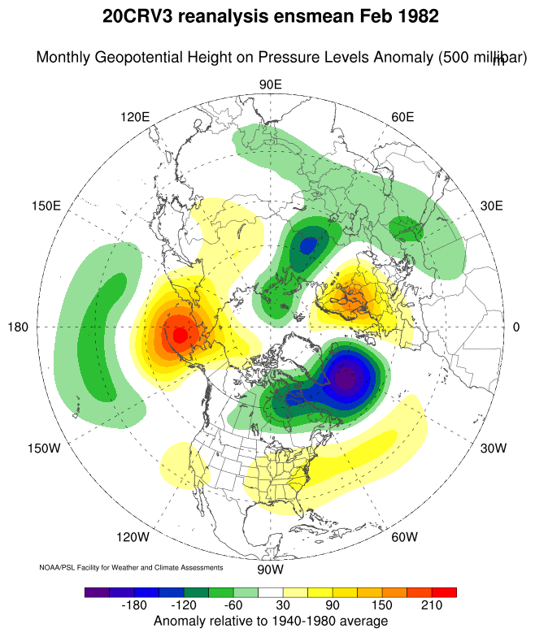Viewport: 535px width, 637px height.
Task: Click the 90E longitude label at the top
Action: point(270,85)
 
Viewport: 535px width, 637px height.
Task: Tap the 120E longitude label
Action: point(135,117)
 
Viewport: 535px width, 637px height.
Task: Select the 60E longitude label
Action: point(402,117)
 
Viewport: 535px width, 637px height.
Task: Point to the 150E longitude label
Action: point(46,206)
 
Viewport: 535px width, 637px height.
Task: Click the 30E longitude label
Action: point(492,206)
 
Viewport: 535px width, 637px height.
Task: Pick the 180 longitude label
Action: point(18,327)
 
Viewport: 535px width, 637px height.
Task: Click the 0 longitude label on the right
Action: point(516,327)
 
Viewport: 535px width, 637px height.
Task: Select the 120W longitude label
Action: point(133,537)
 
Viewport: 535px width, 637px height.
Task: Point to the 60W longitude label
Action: point(404,537)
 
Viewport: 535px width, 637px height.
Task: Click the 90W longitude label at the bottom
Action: point(270,569)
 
